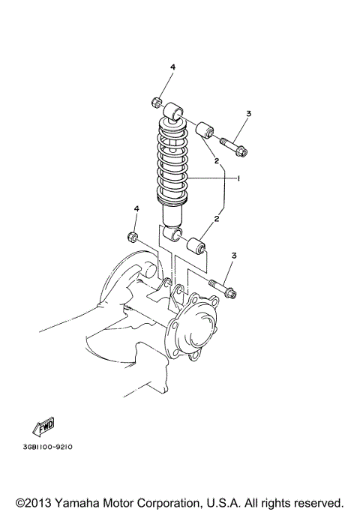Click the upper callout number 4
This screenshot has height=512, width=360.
(x=172, y=68)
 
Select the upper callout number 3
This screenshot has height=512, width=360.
(x=248, y=113)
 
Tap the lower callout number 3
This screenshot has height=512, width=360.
(x=234, y=256)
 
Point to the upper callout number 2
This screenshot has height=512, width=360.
(x=215, y=160)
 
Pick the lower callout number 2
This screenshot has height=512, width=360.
(x=217, y=219)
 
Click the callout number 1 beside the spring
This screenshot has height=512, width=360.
(x=238, y=179)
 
